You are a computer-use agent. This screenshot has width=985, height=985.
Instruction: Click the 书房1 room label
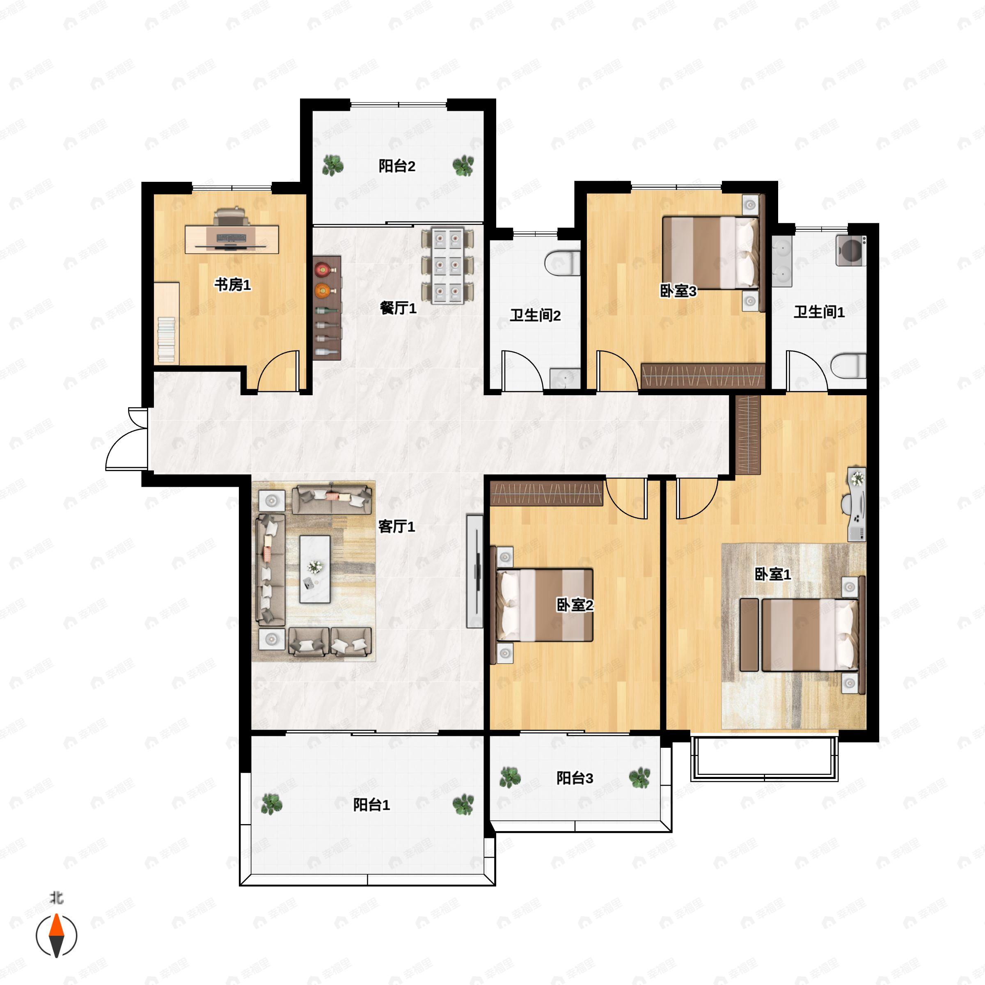click(232, 284)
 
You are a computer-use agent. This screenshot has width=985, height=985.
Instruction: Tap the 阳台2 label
click(396, 166)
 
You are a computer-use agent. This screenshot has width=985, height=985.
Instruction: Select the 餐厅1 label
click(398, 307)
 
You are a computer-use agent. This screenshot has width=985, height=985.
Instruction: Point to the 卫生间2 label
click(535, 315)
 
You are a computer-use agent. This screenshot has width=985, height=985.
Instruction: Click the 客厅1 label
click(396, 526)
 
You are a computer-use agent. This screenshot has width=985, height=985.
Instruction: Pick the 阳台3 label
click(575, 779)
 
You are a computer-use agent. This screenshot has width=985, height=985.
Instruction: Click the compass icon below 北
click(56, 936)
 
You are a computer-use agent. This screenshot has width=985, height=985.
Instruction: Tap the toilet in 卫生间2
click(562, 263)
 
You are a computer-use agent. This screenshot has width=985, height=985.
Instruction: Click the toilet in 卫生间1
click(848, 366)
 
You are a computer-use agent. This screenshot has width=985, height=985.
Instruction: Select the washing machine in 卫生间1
click(851, 250)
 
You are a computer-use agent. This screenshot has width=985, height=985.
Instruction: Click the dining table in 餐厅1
click(448, 266)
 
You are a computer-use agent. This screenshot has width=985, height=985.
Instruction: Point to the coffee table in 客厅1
click(314, 569)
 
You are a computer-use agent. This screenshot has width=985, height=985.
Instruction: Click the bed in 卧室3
click(710, 252)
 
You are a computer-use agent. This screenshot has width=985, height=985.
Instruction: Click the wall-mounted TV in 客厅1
click(475, 571)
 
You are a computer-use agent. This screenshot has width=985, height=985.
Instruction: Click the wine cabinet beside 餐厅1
click(326, 308)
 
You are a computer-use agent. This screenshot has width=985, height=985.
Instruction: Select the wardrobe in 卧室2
click(547, 493)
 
